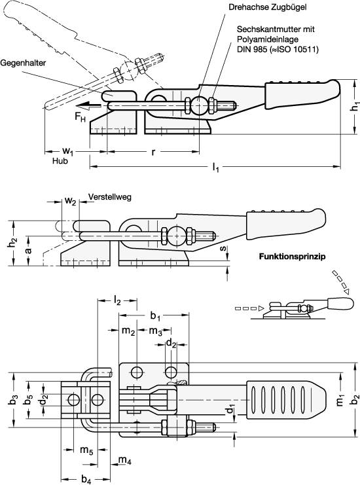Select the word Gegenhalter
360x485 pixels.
(22, 63)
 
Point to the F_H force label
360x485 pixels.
(80, 116)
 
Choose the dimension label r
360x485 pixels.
(153, 152)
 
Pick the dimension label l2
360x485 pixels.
(117, 300)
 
